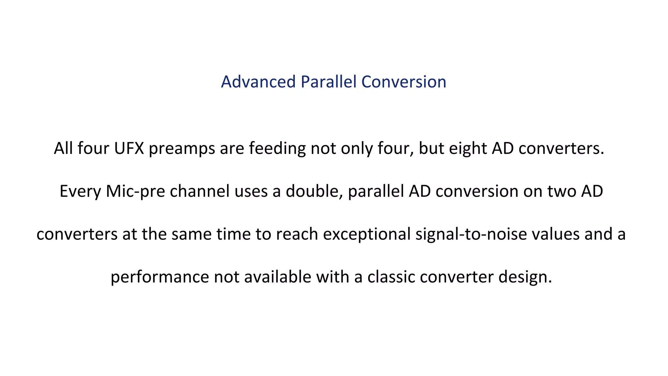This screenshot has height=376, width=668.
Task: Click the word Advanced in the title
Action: point(258,82)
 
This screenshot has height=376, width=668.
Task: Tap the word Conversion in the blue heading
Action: point(404,82)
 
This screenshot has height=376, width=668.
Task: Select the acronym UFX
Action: point(129,148)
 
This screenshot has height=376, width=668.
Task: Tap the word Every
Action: point(80,192)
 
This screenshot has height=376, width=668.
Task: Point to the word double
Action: point(314,191)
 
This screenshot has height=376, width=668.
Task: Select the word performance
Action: point(159,277)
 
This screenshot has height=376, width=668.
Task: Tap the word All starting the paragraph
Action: point(63,148)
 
